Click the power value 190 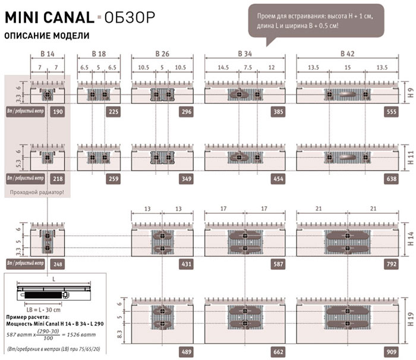(58, 111)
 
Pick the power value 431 (186, 263)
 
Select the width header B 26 (162, 54)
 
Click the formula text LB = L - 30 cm (39, 307)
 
